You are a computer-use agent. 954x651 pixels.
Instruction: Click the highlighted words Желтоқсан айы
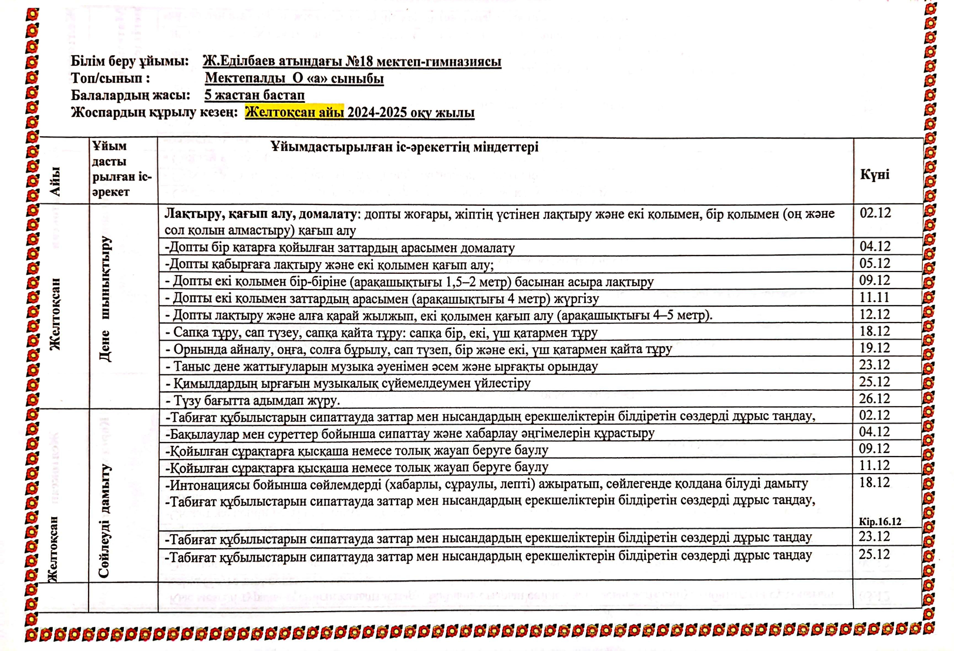[x=294, y=112]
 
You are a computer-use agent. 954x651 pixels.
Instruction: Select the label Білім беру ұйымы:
[x=130, y=62]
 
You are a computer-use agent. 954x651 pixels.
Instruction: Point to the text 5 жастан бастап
[x=254, y=95]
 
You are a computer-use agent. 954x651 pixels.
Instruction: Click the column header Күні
[x=874, y=175]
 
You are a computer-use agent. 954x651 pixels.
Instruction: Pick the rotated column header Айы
[x=56, y=182]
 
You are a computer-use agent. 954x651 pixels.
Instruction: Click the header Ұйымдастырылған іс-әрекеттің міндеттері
[x=404, y=147]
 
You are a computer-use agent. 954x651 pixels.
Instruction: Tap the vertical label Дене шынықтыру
[x=106, y=298]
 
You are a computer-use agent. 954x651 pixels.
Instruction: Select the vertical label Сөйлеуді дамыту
[x=105, y=521]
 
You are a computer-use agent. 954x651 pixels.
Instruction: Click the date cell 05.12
[x=875, y=263]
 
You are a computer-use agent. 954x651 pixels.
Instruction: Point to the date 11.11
[x=874, y=297]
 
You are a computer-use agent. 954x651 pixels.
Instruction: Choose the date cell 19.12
[x=875, y=348]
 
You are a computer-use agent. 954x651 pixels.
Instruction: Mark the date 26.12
[x=875, y=398]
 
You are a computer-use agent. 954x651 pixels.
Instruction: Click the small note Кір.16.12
[x=879, y=522]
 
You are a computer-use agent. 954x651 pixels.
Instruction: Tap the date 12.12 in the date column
[x=875, y=314]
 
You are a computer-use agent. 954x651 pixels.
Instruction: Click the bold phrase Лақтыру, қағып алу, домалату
[x=261, y=214]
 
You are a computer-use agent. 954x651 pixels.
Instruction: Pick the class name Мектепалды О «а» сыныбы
[x=294, y=79]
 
